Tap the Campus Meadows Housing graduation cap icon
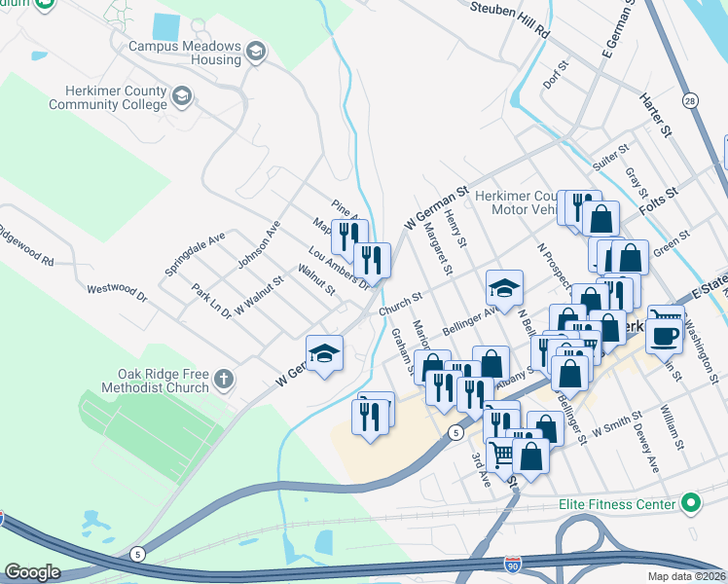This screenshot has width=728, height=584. click(x=256, y=52)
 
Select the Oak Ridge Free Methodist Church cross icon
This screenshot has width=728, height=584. click(x=224, y=380)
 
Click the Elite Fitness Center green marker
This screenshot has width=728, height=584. click(x=691, y=504)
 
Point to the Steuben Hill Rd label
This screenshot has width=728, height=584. click(x=510, y=19)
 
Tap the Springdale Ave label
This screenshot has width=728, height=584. click(x=195, y=254)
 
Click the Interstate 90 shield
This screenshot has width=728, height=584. click(x=513, y=564)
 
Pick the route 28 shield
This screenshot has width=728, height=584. click(x=690, y=100)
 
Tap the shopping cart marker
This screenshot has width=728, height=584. click(x=501, y=454)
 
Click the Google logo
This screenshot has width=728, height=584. click(x=32, y=572)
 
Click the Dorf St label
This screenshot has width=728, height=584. click(x=556, y=74)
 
